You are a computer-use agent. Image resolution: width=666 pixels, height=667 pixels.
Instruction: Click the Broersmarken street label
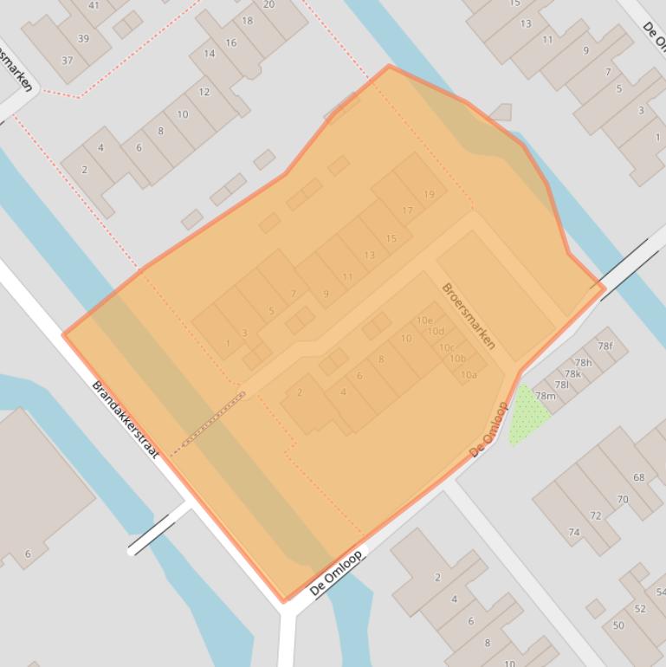(469, 316)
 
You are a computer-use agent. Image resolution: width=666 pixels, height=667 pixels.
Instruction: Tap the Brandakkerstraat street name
(126, 419)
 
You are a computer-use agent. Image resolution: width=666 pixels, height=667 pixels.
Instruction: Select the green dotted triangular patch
(525, 414)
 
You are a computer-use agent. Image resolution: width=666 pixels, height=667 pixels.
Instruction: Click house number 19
(429, 195)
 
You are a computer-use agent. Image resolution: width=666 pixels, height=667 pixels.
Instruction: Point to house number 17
(407, 210)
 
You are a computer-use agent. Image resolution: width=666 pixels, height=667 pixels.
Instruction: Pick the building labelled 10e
(424, 321)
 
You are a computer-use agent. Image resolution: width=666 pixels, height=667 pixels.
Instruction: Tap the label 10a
(469, 375)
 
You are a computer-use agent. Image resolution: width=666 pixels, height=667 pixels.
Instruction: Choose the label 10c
(447, 347)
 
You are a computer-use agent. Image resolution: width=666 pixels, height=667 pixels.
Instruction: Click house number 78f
(605, 346)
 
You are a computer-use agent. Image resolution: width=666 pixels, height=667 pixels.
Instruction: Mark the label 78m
(545, 396)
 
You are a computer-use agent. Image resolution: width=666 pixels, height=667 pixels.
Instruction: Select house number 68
(639, 477)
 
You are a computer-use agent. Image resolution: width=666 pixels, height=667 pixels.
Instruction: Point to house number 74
(573, 533)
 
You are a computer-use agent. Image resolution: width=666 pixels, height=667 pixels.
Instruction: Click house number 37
(68, 61)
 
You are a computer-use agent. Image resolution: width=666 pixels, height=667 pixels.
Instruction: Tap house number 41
(94, 5)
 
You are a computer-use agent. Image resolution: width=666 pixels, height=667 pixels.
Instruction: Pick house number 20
(268, 4)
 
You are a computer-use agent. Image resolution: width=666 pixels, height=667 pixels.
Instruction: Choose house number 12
(204, 92)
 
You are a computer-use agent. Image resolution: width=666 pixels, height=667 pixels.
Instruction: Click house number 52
(640, 609)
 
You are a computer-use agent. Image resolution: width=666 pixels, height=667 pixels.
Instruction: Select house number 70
(622, 499)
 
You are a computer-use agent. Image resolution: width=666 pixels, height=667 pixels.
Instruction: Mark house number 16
(230, 42)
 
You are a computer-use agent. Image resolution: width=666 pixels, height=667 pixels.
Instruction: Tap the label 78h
(583, 363)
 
